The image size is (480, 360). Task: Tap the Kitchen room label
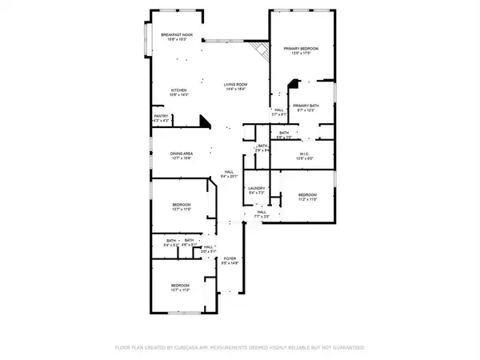179,90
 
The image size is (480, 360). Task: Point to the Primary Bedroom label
302,50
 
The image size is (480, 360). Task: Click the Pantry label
161,115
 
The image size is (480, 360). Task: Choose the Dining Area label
182,154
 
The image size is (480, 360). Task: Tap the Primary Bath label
306,106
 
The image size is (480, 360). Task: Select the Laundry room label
256,188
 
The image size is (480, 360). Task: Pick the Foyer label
230,258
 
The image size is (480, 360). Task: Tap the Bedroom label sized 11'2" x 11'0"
308,194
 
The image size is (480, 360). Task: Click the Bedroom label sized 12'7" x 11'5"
182,206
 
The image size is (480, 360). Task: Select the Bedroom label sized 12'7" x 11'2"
180,285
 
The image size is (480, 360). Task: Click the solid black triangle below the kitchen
205,122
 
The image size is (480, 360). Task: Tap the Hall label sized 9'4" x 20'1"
229,172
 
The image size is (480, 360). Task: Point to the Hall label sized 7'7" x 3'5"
262,212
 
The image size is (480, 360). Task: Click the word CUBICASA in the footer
205,348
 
